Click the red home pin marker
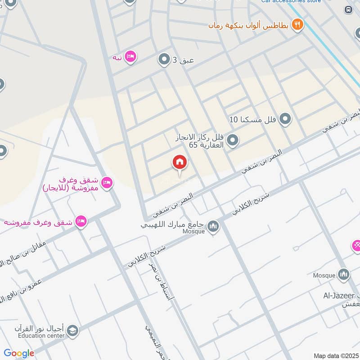(180, 162)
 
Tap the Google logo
(19, 353)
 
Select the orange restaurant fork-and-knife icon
(297, 24)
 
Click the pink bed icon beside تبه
(130, 57)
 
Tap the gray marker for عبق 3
(163, 59)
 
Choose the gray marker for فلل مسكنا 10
(284, 119)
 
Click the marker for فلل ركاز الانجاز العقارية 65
(232, 141)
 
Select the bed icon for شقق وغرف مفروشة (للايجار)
(107, 182)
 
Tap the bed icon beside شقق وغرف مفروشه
(81, 221)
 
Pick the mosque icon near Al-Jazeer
(344, 274)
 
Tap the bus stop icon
(348, 9)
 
